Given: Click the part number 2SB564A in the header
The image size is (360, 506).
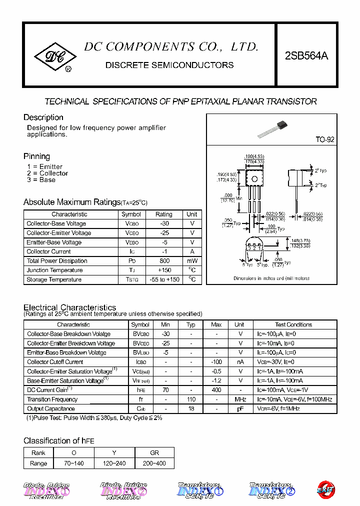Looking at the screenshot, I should (x=306, y=56).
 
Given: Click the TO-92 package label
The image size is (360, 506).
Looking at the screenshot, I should (x=325, y=140).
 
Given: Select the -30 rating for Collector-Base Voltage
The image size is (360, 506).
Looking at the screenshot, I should (x=163, y=223).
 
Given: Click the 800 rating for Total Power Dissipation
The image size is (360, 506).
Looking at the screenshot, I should (x=163, y=261).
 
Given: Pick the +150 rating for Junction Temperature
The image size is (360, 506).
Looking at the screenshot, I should (x=163, y=270).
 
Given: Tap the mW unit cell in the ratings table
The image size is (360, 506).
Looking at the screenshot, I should (x=192, y=261).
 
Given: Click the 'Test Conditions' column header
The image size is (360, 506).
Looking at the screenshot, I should (x=293, y=324).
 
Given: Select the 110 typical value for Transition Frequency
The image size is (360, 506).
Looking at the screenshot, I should (x=191, y=399).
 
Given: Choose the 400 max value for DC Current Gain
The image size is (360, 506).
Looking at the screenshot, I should (x=216, y=390).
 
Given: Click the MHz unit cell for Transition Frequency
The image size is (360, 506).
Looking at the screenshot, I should (x=240, y=399).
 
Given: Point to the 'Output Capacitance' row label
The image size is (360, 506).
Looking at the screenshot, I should (x=51, y=409).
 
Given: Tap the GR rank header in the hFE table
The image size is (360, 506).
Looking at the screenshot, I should (x=154, y=453).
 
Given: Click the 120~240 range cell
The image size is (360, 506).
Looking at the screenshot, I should (x=114, y=463).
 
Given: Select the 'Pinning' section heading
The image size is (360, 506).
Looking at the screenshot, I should (x=36, y=156).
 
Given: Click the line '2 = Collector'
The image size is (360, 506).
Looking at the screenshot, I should (x=47, y=173).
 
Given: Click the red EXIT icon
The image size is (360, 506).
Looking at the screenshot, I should (x=326, y=490).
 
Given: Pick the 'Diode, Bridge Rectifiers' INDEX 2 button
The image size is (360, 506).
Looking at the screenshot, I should (x=123, y=490).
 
